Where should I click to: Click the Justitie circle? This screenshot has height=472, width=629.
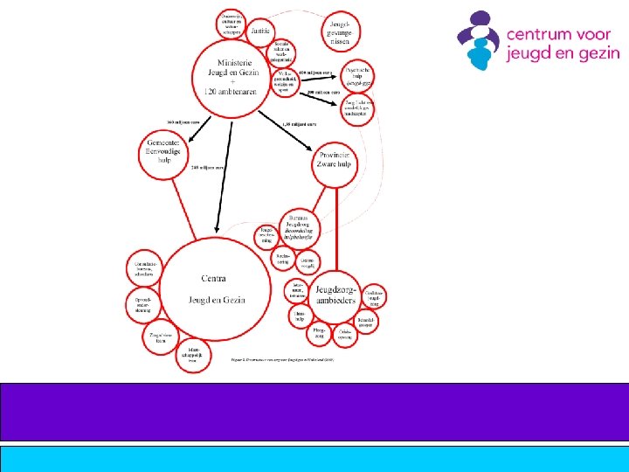[x=259, y=31]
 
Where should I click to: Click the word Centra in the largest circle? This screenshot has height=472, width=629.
[x=214, y=279]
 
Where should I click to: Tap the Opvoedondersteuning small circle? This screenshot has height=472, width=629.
[x=143, y=303]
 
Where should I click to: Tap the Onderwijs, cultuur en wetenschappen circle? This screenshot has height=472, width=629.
[x=232, y=22]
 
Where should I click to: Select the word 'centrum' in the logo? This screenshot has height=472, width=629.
[x=539, y=36]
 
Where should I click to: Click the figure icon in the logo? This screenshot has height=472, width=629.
[x=480, y=40]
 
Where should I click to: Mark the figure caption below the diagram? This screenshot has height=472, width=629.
[x=282, y=359]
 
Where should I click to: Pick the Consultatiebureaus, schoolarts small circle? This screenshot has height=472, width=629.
[x=141, y=268]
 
